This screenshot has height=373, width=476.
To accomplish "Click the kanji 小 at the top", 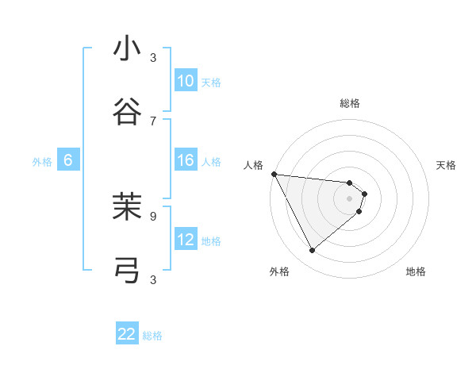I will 127,48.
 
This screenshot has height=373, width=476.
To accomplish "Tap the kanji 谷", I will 127,112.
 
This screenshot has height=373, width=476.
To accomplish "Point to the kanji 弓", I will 127,271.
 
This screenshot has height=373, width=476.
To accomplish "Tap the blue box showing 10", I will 186,81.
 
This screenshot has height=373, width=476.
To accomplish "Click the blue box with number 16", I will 186,160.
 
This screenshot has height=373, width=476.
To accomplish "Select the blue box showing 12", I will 186,240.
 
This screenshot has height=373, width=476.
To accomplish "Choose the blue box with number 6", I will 68,160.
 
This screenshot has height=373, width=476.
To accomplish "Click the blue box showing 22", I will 127,334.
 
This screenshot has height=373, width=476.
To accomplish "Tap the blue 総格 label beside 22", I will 152,336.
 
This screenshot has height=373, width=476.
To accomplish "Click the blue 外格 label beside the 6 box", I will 42,162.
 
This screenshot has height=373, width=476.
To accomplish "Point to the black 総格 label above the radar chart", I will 350,103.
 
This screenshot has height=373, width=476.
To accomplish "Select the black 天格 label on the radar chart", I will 447,165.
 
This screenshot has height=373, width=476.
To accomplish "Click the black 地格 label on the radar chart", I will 416,271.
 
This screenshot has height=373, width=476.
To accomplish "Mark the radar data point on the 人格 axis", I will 274,174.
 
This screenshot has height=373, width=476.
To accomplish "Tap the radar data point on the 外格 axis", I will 312,251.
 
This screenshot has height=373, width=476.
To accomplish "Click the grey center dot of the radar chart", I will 350,198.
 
